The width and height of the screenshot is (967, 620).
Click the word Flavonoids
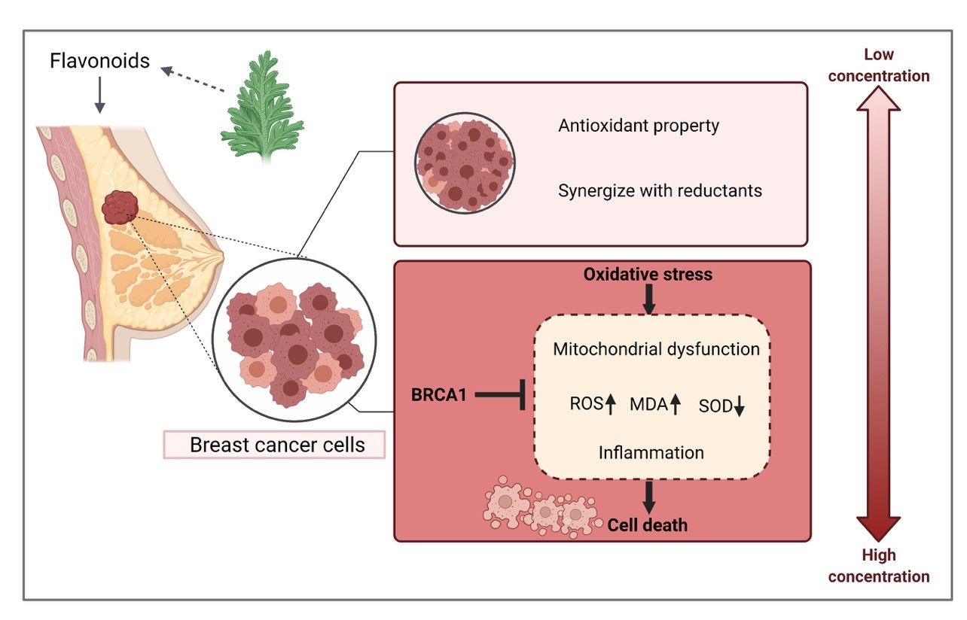tap(100, 61)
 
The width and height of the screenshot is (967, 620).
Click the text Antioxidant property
tap(639, 126)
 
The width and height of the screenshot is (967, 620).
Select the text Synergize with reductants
tap(660, 190)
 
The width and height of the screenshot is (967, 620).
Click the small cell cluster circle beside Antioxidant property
tap(464, 164)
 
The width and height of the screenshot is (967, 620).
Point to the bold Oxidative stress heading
tap(648, 275)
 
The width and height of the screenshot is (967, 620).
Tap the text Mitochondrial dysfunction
tap(656, 349)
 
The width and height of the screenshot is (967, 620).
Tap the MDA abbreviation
tap(649, 406)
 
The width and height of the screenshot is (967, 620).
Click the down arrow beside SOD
tap(740, 407)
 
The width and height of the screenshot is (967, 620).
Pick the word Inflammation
tap(651, 452)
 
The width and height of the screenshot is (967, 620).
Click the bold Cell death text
tap(648, 524)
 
